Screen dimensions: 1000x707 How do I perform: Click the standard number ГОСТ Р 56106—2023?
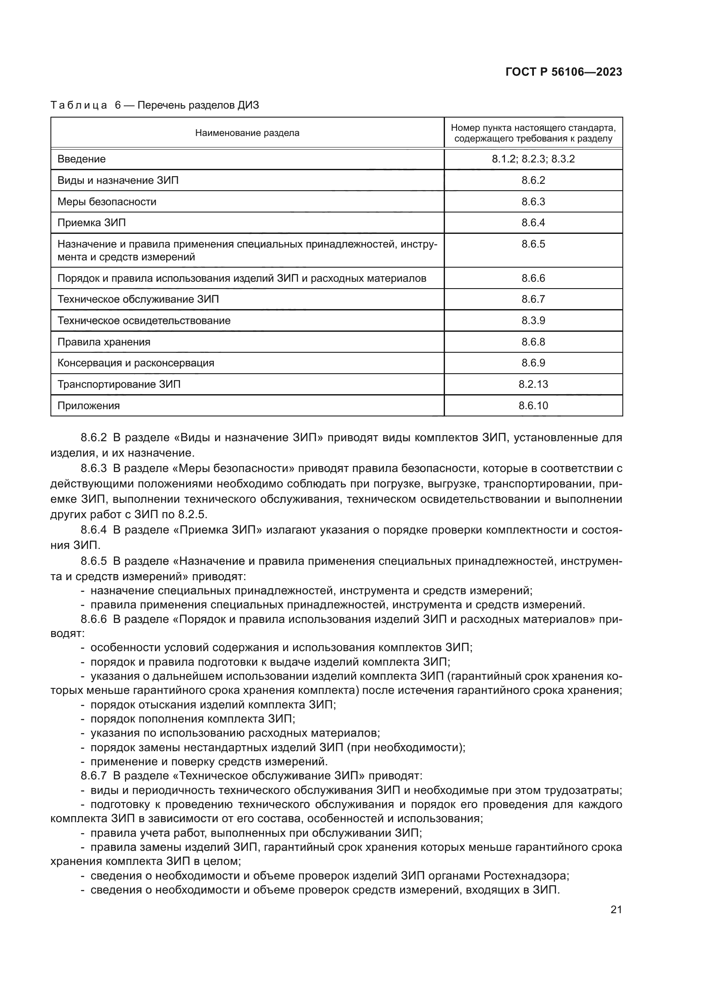click(x=564, y=72)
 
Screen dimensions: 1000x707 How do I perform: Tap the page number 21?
click(x=616, y=909)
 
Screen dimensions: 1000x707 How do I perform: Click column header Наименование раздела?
click(x=247, y=133)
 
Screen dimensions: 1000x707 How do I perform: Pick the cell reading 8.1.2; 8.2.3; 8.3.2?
click(x=533, y=159)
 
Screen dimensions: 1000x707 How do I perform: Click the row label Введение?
click(x=81, y=159)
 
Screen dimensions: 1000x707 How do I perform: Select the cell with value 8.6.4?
click(x=533, y=223)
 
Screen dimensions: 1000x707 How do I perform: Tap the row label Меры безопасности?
click(x=107, y=202)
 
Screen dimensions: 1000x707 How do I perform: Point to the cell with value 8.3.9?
click(x=533, y=321)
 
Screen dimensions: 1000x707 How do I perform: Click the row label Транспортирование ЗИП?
click(x=119, y=384)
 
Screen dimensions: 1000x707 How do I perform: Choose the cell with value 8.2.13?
click(x=533, y=384)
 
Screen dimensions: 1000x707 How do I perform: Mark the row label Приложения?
click(x=88, y=405)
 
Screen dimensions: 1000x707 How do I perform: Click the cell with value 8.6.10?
click(x=533, y=405)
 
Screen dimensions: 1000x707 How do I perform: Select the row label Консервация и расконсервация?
click(x=136, y=363)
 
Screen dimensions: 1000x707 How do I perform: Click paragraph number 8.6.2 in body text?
click(x=94, y=437)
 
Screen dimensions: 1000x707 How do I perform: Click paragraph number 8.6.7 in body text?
click(x=94, y=776)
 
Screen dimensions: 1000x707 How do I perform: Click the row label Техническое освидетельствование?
click(x=144, y=321)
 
